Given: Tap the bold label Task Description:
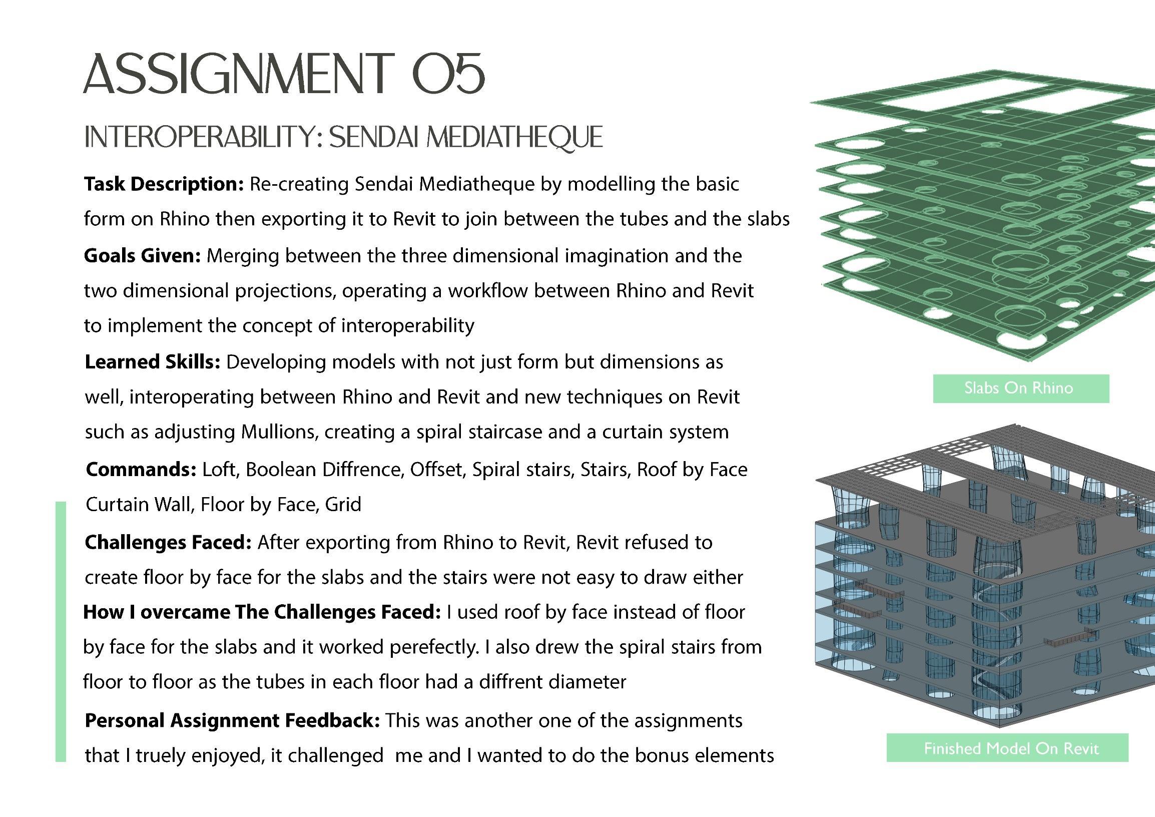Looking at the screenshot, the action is tap(164, 184).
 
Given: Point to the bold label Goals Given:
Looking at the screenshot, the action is tap(142, 256).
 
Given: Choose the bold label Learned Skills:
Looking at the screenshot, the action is tap(153, 362).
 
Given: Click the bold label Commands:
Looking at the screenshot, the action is tap(141, 470).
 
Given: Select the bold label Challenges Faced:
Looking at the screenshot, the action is tap(168, 543).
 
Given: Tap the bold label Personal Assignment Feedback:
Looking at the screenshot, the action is tap(232, 721).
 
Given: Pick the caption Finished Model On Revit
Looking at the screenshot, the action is tap(1011, 748).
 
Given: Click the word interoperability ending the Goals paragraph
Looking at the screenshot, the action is tap(407, 326).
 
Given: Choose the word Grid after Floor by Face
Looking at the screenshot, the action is tap(343, 505).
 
